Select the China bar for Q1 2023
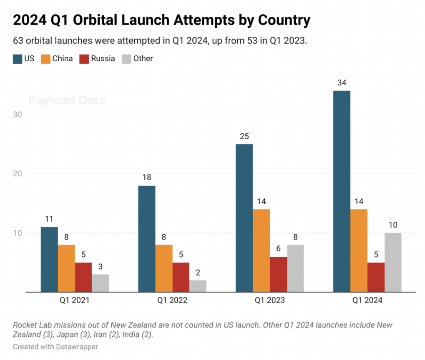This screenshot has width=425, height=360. (261, 250)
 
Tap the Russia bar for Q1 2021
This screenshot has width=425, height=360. (83, 277)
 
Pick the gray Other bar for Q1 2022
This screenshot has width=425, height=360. (198, 286)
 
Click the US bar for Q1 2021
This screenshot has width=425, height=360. (49, 259)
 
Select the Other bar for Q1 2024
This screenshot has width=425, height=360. (393, 262)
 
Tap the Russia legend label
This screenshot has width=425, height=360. (103, 59)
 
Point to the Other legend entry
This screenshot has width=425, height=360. (143, 59)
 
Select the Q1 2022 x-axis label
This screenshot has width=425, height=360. (172, 300)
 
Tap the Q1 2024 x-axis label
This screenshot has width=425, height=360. (367, 300)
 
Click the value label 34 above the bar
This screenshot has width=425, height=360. (342, 82)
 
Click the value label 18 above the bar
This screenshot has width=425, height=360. (147, 177)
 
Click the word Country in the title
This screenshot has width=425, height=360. (284, 20)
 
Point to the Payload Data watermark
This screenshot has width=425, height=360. (67, 100)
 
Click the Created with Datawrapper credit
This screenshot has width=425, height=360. (55, 347)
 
